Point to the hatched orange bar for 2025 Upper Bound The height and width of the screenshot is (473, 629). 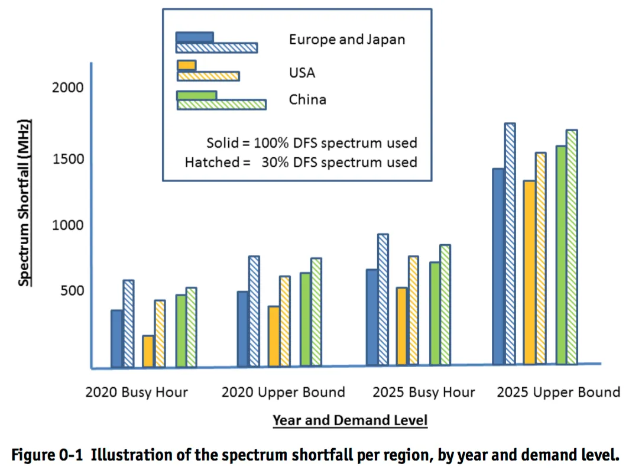[x=541, y=258]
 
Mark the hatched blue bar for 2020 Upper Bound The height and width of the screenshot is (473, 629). [x=254, y=311]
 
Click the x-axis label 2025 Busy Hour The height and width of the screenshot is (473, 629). [x=424, y=392]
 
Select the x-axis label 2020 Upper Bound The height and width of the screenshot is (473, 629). [x=283, y=392]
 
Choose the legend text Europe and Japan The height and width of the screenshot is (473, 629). [x=347, y=40]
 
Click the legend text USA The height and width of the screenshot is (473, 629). [x=302, y=73]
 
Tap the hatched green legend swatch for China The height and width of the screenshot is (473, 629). [x=222, y=105]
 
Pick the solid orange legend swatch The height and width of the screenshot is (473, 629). [x=186, y=65]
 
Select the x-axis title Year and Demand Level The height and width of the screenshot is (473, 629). [x=349, y=420]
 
